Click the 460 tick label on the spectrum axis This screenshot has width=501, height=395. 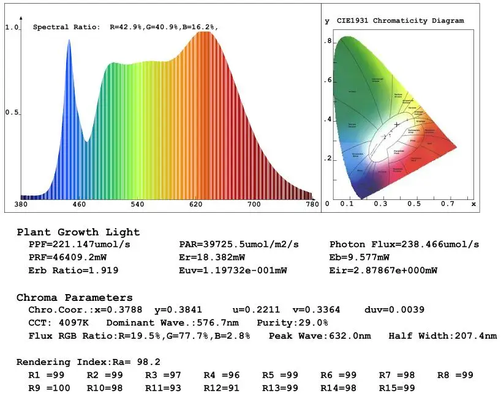pos(79,204)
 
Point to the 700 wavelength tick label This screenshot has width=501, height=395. pos(254,204)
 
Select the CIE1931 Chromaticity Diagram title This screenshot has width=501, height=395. pos(400,21)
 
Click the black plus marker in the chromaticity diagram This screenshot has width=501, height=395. pos(397,124)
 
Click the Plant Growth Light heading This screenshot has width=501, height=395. pos(78,232)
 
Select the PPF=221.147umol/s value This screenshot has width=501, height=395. pos(80,245)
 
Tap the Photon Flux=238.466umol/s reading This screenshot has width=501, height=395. pos(404,245)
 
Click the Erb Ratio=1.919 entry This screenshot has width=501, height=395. pos(73,270)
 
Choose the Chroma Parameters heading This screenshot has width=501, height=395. pos(75,298)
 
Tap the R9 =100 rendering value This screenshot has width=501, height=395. pos(49,388)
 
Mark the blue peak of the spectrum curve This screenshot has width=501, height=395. pos(69,40)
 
